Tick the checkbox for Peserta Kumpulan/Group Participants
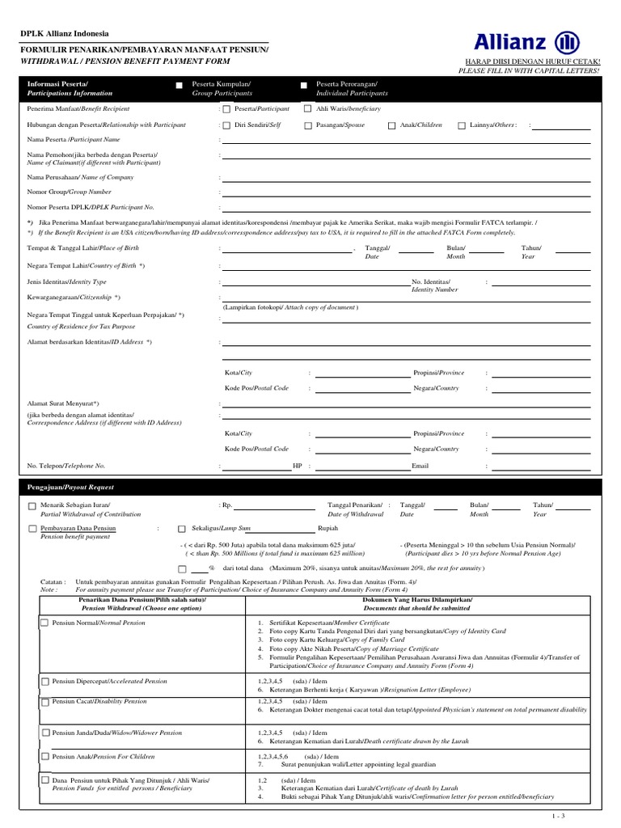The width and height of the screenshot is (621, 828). point(179,85)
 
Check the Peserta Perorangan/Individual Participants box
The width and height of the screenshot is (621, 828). point(304,85)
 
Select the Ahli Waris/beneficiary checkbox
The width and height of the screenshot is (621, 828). point(307,108)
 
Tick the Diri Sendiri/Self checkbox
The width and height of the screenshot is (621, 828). point(226,125)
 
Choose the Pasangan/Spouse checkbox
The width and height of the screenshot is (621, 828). point(308,125)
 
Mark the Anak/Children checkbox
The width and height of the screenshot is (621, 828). point(391,125)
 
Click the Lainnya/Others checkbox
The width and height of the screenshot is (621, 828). point(462,125)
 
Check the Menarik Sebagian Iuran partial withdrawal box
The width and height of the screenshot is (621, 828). point(32,506)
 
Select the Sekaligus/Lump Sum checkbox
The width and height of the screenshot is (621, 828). point(182,529)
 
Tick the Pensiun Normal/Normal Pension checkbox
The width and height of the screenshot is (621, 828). point(45,624)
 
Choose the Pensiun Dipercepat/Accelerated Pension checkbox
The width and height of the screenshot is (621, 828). point(45,682)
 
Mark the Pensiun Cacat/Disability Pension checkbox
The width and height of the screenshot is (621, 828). point(45,701)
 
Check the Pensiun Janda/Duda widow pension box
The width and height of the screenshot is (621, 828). point(45,733)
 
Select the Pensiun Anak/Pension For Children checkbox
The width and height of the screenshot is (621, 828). point(45,757)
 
